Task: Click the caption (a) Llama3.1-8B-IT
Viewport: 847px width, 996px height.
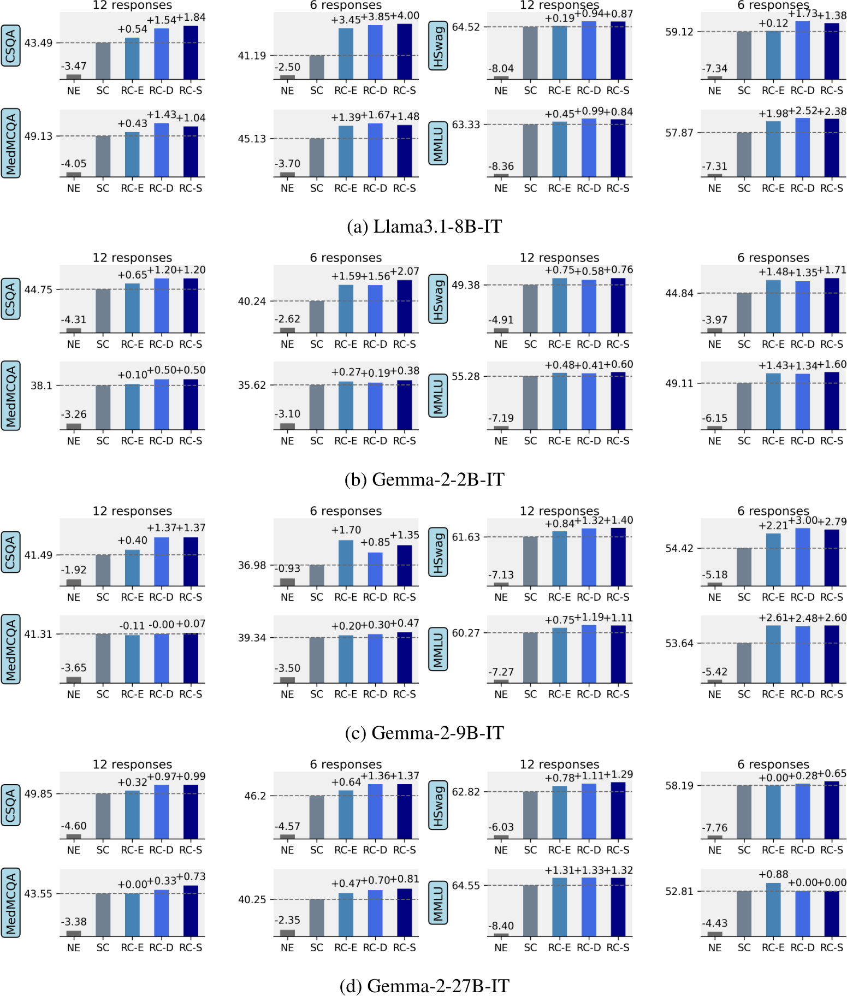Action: click(424, 226)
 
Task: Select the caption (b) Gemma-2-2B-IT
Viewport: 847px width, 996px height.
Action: click(424, 479)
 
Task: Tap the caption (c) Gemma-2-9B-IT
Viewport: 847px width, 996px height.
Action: click(424, 732)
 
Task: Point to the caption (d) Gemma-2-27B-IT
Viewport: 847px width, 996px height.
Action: click(424, 986)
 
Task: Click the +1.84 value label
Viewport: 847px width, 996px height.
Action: click(191, 17)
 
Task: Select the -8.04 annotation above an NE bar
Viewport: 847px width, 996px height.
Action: click(501, 68)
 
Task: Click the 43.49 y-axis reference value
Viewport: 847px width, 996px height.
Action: click(38, 43)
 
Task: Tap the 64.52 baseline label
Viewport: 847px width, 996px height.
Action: click(466, 27)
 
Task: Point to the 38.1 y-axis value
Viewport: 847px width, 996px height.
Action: click(42, 386)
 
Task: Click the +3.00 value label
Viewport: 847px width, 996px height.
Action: click(803, 520)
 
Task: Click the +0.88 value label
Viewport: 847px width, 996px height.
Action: click(773, 874)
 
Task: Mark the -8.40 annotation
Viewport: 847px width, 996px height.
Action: click(501, 926)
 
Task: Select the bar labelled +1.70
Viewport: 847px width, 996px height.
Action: click(346, 563)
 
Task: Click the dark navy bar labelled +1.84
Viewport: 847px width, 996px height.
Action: click(191, 52)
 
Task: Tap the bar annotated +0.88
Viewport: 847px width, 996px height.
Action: click(773, 910)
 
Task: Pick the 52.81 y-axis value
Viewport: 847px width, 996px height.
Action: click(679, 891)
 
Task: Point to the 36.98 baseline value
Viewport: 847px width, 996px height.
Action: click(252, 565)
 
